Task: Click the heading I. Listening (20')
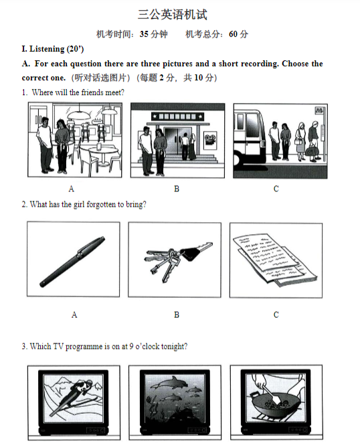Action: pos(53,49)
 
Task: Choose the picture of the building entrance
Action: pos(177,140)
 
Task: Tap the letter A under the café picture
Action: pos(72,189)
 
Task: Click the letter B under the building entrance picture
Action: pos(177,189)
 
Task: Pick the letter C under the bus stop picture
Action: pos(276,189)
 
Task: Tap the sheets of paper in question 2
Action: pos(274,260)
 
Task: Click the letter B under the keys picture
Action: pos(177,315)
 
